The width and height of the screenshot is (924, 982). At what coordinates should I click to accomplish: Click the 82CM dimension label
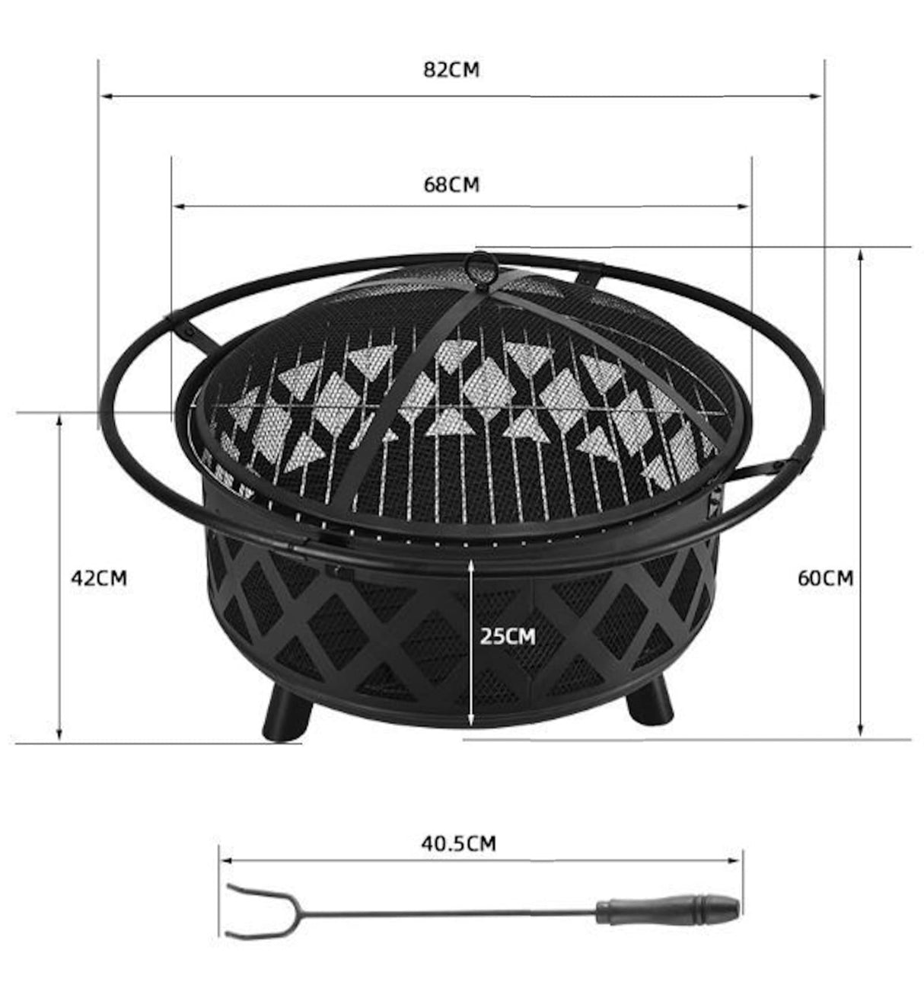point(451,70)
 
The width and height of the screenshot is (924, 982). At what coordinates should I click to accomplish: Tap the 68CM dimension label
point(451,184)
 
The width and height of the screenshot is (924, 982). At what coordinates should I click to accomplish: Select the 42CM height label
point(99,577)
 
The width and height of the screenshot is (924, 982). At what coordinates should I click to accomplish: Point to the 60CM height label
point(825,577)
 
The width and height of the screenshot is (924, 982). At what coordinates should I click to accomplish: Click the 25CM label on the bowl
point(507,635)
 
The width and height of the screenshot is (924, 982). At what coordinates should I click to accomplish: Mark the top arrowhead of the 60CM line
point(860,255)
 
